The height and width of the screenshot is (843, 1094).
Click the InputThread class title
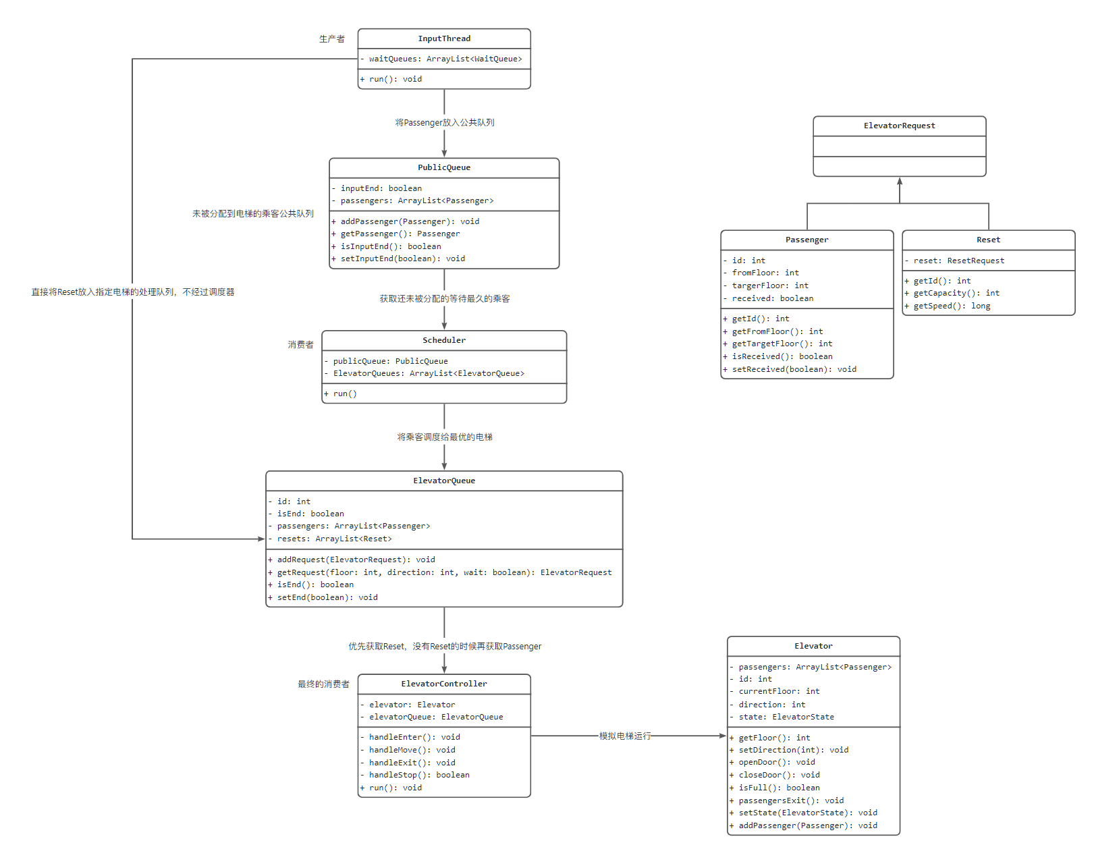(444, 38)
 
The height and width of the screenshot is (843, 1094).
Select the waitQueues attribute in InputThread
(441, 59)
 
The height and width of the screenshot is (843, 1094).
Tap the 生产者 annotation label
(332, 38)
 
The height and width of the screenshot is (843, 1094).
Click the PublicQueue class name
(444, 167)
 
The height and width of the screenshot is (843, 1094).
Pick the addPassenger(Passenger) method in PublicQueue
(406, 221)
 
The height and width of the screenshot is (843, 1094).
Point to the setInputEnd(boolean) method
(398, 259)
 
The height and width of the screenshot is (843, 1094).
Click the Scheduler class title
(444, 340)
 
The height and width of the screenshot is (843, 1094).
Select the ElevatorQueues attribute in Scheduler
(425, 373)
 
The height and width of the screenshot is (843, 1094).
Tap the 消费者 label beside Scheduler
(300, 345)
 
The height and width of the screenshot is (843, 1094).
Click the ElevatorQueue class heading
(444, 481)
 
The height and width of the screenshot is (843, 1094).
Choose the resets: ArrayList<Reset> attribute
(330, 539)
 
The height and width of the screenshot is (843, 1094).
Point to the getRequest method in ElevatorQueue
(440, 572)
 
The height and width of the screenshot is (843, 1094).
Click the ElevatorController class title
(444, 684)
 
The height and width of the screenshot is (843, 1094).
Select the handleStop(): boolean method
(415, 775)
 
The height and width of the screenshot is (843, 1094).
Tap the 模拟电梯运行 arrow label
(625, 736)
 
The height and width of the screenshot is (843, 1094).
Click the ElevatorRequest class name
(899, 126)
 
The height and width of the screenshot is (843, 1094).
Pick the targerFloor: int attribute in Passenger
(766, 286)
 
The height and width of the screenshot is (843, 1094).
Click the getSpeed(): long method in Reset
(947, 306)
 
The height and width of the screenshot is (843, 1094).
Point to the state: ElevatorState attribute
(782, 717)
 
